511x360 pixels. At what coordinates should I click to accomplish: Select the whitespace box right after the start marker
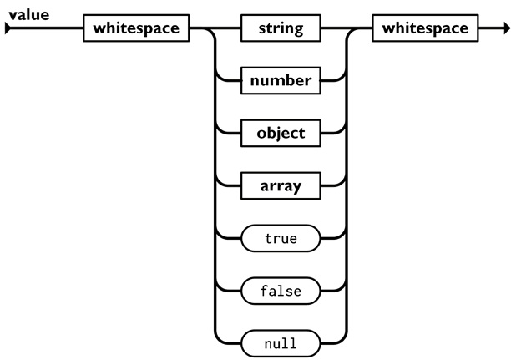(136, 29)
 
